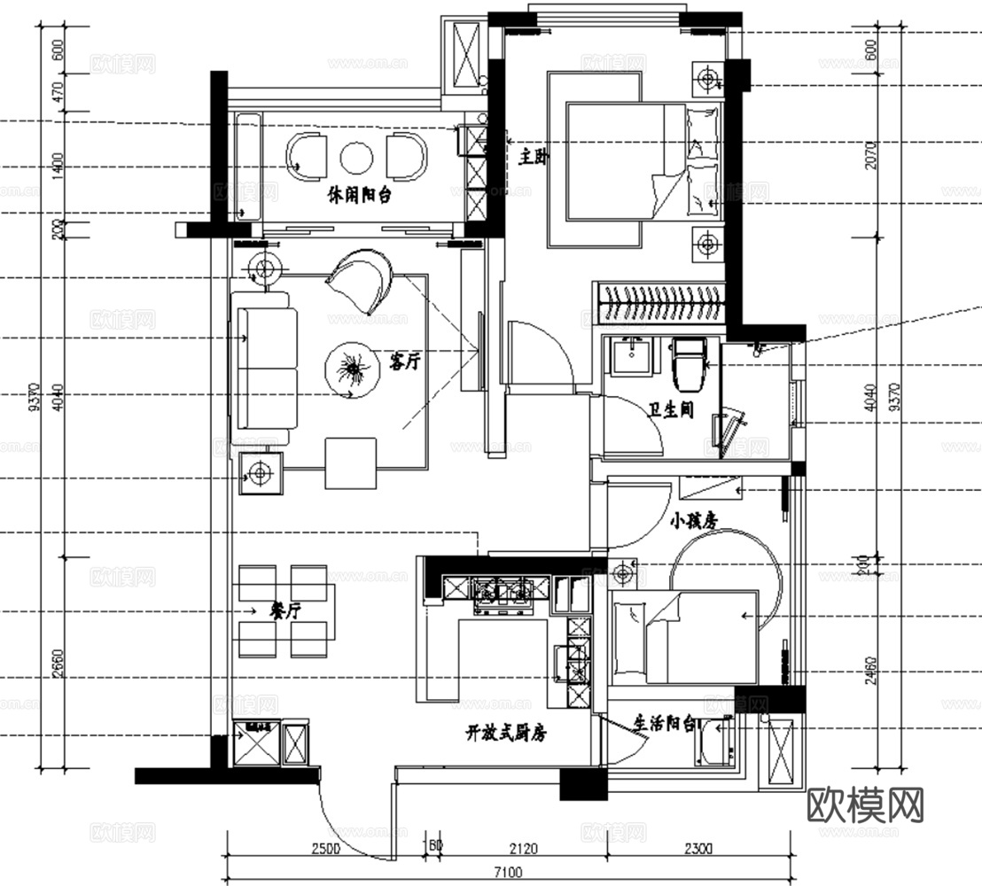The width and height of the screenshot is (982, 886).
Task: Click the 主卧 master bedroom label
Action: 534,157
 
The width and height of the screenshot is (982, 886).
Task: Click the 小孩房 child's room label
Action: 693,522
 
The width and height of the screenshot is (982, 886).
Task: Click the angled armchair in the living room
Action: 362,278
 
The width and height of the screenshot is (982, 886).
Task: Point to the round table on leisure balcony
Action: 357,159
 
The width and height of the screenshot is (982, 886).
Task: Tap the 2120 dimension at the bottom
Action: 525,849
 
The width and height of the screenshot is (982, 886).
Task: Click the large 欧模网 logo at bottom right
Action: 866,805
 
